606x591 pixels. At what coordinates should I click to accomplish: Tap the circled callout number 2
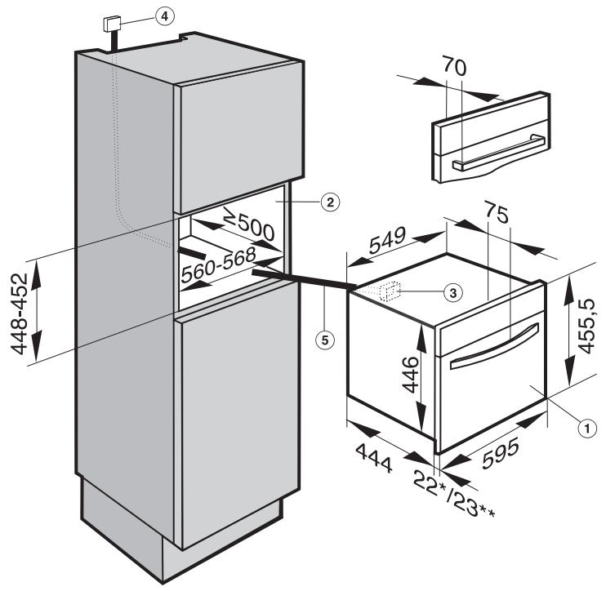coord(329,202)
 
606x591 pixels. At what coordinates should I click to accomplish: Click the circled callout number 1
coord(586,424)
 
